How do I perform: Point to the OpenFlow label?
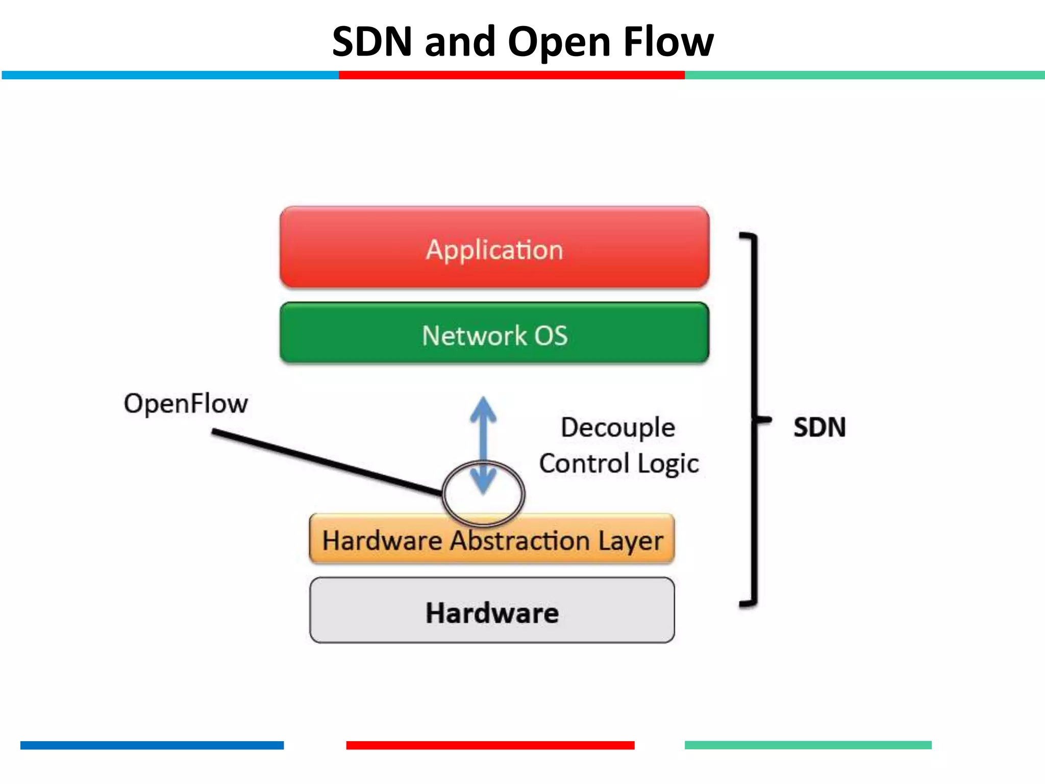(186, 403)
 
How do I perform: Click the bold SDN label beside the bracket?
(819, 428)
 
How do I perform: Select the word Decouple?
(618, 428)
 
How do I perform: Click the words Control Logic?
(618, 463)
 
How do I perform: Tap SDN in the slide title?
(372, 42)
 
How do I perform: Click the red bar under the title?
(511, 75)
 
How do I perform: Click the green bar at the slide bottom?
(808, 745)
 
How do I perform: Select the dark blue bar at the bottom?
(152, 745)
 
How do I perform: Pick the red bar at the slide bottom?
(490, 745)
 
